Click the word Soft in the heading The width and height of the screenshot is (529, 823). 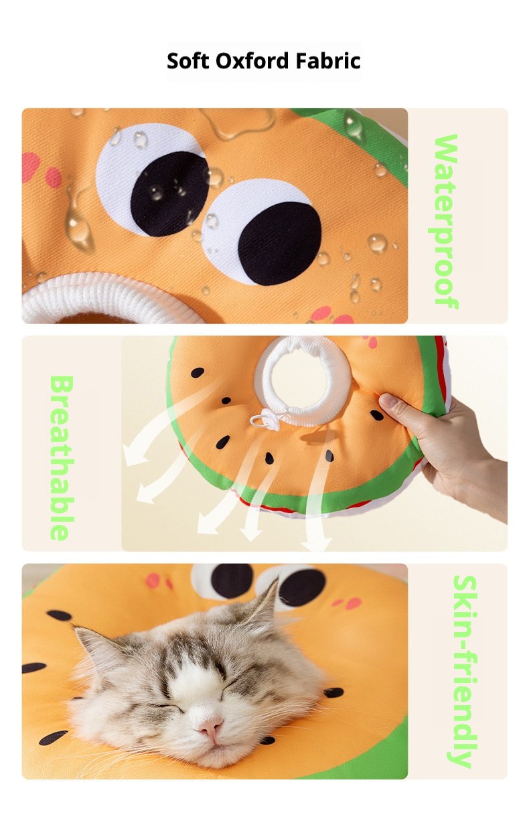(x=187, y=61)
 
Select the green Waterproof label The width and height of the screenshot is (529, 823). (x=445, y=221)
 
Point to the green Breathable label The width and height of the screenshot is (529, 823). (x=62, y=457)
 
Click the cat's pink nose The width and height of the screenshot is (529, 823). (x=210, y=725)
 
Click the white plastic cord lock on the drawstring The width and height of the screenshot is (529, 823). (x=261, y=420)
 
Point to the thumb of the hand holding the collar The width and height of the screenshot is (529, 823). (x=398, y=406)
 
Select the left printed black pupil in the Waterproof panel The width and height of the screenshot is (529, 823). (x=169, y=194)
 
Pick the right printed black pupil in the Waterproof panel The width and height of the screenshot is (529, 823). (x=280, y=244)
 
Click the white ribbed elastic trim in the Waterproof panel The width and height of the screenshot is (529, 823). (x=96, y=297)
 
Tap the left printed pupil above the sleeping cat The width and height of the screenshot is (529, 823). (x=232, y=581)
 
